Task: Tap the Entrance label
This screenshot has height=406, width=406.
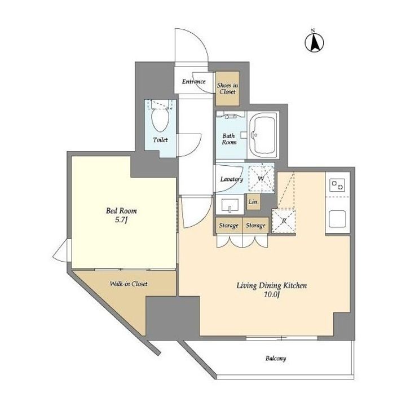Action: pyautogui.click(x=193, y=82)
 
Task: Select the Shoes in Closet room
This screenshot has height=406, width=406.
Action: pyautogui.click(x=228, y=89)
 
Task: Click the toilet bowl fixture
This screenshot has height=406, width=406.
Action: pyautogui.click(x=160, y=120)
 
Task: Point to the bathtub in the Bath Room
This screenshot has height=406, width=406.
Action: pyautogui.click(x=263, y=135)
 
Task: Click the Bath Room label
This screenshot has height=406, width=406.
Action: pyautogui.click(x=230, y=139)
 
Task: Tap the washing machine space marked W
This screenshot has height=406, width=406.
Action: pyautogui.click(x=261, y=179)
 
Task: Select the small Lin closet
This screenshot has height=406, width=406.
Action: pyautogui.click(x=253, y=201)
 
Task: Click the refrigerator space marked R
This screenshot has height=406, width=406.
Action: pyautogui.click(x=284, y=221)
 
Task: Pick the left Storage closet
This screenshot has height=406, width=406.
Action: pyautogui.click(x=229, y=225)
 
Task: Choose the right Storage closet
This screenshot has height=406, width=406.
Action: pyautogui.click(x=255, y=225)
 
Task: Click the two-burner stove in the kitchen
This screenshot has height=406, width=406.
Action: pyautogui.click(x=338, y=185)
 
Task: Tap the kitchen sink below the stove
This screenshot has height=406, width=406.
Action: pyautogui.click(x=337, y=219)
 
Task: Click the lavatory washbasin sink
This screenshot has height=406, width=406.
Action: pyautogui.click(x=230, y=205)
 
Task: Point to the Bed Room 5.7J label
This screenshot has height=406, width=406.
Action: pyautogui.click(x=121, y=215)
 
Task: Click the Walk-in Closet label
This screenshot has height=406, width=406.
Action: pyautogui.click(x=129, y=284)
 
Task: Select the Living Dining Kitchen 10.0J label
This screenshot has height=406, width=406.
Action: pyautogui.click(x=272, y=290)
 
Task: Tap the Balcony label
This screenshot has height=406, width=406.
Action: pyautogui.click(x=276, y=359)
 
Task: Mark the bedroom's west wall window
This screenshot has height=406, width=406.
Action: pyautogui.click(x=69, y=250)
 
